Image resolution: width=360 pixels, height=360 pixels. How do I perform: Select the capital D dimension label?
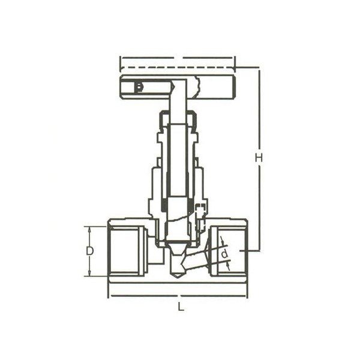pos(89,251)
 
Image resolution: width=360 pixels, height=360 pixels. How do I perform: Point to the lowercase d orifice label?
pos(224,254)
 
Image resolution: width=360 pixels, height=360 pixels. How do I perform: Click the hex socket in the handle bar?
pos(139,88)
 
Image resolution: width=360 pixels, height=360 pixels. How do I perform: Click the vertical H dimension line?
pos(259,198)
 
